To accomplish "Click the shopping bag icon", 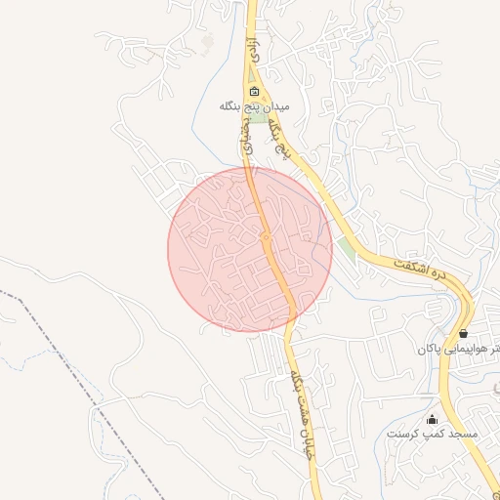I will click(463, 333).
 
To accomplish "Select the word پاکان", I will click(430, 349).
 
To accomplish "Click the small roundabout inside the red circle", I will click(266, 237).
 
